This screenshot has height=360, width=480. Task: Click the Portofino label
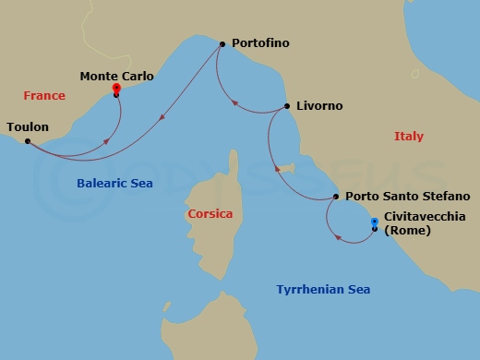(x=262, y=42)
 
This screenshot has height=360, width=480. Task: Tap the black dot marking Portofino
(x=222, y=43)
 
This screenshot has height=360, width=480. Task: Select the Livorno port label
(x=319, y=106)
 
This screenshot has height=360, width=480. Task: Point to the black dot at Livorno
(x=286, y=106)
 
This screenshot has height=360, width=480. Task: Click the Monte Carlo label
(x=117, y=76)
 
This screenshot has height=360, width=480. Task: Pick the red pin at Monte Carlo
(x=116, y=89)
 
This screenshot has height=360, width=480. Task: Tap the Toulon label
(x=28, y=127)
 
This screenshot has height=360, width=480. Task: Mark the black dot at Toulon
(x=27, y=141)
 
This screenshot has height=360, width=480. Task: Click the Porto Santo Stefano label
(x=407, y=197)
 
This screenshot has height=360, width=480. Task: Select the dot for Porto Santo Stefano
(x=335, y=197)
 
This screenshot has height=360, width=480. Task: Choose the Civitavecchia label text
(x=426, y=216)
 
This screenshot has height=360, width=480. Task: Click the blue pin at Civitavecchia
(x=374, y=222)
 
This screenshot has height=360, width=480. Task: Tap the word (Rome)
(x=407, y=230)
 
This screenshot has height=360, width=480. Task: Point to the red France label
(x=45, y=95)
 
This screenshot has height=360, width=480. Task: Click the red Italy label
(x=409, y=136)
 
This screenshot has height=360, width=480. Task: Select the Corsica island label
(x=210, y=213)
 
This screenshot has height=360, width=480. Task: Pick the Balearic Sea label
(x=114, y=184)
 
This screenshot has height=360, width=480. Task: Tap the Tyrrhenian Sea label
(x=323, y=290)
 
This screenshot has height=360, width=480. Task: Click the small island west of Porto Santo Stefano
(x=286, y=168)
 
